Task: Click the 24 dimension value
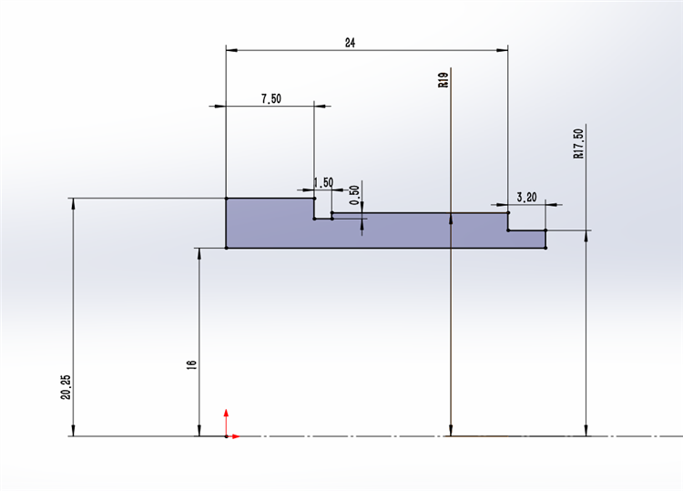point(351,43)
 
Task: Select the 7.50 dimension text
point(271,99)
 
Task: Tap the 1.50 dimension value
point(323,182)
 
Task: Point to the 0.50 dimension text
point(355,195)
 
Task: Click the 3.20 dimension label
point(526,198)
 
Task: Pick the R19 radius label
point(443,80)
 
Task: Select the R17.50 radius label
point(578,143)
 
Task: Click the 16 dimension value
point(191,364)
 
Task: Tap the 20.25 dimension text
point(66,387)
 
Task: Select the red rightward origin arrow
point(233,436)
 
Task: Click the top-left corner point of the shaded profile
point(226,199)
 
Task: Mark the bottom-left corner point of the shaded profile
point(226,248)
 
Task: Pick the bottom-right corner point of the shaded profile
point(545,248)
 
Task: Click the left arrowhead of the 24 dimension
point(231,50)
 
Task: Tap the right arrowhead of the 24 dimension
point(502,50)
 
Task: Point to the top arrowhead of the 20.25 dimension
point(73,204)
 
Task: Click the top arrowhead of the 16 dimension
point(199,254)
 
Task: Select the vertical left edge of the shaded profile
point(226,223)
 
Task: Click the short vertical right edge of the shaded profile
point(545,240)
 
